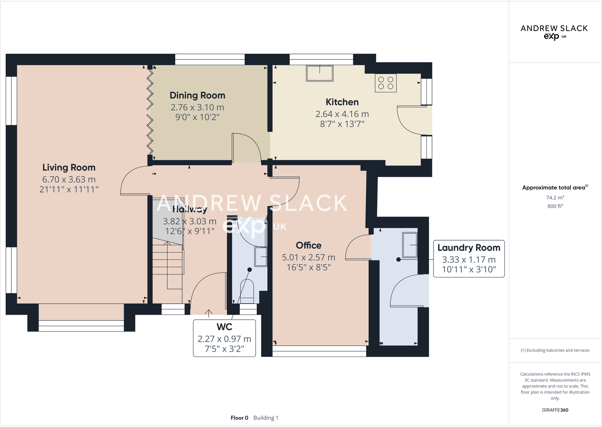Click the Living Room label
click(x=69, y=167)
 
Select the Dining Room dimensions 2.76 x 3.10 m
click(x=197, y=108)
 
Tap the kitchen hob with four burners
click(x=385, y=83)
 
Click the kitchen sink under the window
click(x=320, y=73)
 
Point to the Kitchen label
click(x=342, y=102)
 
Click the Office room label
click(x=309, y=246)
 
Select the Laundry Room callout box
click(x=469, y=258)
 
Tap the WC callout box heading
click(x=225, y=327)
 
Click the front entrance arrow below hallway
click(x=209, y=313)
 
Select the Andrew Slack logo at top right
click(x=554, y=32)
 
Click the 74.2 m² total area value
click(x=555, y=198)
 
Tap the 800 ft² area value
click(x=555, y=206)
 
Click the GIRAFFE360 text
click(x=555, y=410)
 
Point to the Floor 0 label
click(x=239, y=418)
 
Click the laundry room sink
click(x=410, y=245)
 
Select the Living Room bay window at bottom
click(x=81, y=325)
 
